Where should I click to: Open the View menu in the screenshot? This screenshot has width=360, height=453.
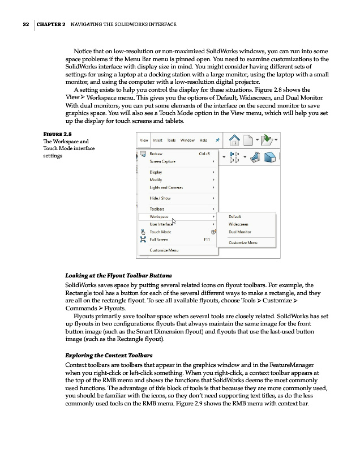(144, 140)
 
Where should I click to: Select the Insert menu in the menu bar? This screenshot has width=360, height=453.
(158, 140)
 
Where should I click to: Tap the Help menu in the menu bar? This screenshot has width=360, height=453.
(203, 140)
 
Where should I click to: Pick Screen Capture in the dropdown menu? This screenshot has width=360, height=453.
(162, 161)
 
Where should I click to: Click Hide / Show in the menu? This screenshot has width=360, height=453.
(160, 198)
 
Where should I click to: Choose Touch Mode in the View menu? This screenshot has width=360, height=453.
(161, 232)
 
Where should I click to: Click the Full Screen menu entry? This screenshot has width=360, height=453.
(159, 240)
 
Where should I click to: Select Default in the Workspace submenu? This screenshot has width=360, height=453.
(235, 216)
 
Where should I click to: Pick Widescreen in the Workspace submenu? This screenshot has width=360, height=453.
(239, 224)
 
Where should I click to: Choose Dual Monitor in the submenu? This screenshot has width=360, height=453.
(240, 232)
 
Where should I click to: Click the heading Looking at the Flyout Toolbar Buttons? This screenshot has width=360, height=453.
(118, 275)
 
